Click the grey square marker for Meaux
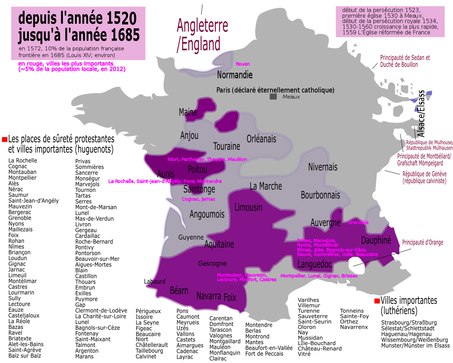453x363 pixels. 273,96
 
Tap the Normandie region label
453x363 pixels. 235,75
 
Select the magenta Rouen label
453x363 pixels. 243,64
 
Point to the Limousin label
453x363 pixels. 248,207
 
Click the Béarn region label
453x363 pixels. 179,291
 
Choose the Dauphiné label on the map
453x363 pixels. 376,240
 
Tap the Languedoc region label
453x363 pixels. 315,264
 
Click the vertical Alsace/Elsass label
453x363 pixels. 421,113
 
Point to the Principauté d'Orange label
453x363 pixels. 423,242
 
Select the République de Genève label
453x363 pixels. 424,177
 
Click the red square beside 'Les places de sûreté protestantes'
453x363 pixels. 5,139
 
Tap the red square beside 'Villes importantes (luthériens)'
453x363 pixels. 377,301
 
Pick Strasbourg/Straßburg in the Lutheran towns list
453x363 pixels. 409,323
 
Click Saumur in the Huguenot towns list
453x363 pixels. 18,195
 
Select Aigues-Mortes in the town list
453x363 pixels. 93,264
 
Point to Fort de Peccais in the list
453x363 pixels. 264,353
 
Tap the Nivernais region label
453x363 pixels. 323,167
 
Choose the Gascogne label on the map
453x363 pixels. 212,263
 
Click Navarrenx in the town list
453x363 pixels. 354,327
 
